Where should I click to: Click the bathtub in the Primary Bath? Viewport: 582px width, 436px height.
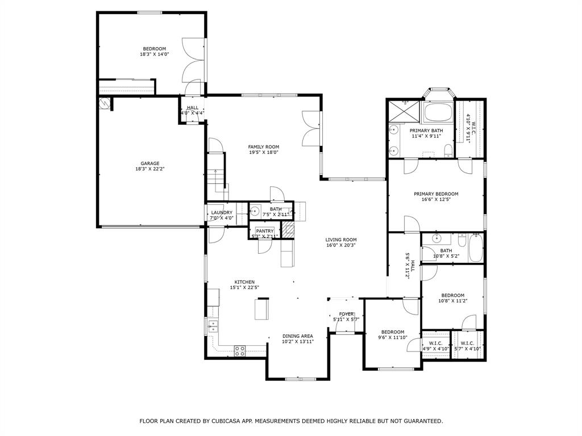point(438,112)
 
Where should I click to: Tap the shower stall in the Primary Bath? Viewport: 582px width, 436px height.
point(404,111)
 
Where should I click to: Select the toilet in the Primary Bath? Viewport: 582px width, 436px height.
point(448,150)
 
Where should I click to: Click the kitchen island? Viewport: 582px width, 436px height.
point(261,309)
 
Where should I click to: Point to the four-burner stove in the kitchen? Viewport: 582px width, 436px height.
point(239,351)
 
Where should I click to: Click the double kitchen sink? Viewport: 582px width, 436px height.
point(213,326)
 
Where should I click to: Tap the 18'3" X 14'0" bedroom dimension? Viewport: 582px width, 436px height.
point(155,54)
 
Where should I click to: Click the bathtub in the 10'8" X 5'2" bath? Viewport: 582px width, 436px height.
point(476,248)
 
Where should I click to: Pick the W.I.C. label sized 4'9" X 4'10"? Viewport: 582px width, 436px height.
point(436,346)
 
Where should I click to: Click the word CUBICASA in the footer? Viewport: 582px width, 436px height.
point(226,421)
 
